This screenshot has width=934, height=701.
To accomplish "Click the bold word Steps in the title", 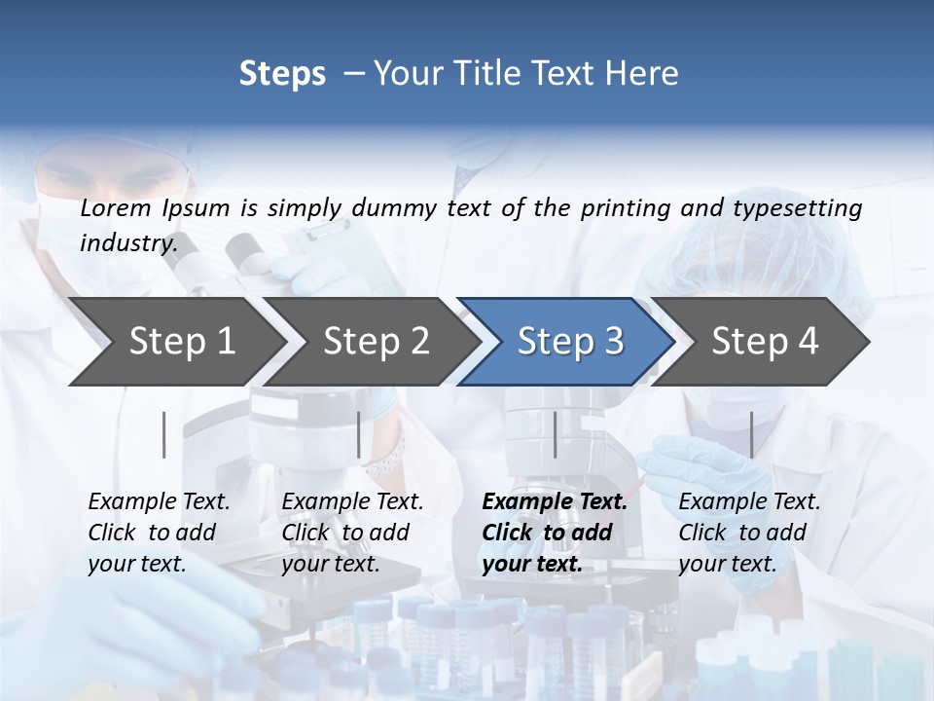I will [x=282, y=74].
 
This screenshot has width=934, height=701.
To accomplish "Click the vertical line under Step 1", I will [x=164, y=434].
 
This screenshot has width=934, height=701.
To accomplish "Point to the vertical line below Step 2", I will [x=359, y=434].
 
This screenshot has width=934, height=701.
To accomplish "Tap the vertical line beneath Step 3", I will [x=555, y=434].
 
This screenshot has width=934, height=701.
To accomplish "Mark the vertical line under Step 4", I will [x=751, y=434].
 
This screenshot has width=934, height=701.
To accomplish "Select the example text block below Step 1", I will [x=159, y=533].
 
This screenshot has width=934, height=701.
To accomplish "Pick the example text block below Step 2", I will [x=352, y=533].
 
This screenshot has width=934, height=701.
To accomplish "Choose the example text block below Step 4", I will [x=749, y=533].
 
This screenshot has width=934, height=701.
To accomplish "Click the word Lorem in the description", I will [x=116, y=207].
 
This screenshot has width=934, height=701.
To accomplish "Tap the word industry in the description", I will [x=127, y=242].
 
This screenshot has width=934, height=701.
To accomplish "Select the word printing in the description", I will [x=626, y=207].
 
